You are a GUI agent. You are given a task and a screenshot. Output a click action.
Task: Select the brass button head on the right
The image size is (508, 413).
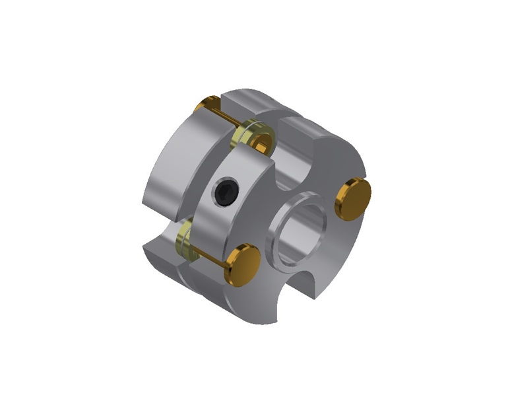coord(354,197)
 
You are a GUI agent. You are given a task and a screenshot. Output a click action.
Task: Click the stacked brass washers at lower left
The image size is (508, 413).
coord(185,239)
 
